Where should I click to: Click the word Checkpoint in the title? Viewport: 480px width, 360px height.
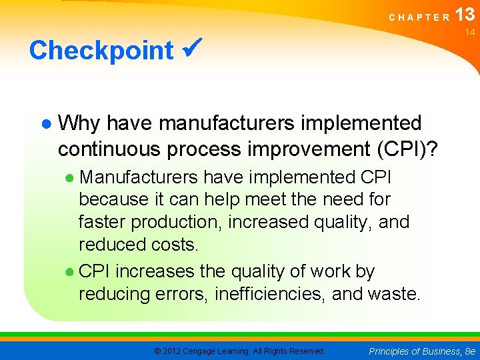click(101, 51)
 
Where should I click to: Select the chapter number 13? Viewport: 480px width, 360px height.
click(465, 15)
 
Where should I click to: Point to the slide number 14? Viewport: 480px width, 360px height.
click(469, 33)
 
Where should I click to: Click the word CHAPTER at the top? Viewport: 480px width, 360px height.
click(419, 18)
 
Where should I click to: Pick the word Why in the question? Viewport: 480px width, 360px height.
click(80, 123)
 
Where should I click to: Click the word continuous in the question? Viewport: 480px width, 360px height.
click(109, 149)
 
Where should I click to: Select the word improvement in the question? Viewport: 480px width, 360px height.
click(285, 149)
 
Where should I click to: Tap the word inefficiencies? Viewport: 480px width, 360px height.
click(273, 294)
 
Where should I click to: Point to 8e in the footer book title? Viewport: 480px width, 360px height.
click(469, 351)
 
